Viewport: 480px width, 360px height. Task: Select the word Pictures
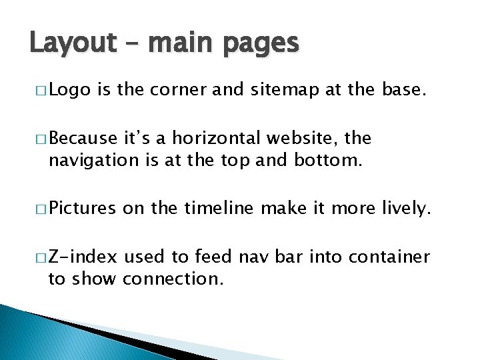[82, 209]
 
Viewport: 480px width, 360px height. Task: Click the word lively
[414, 209]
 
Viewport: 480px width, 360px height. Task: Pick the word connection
[173, 278]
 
